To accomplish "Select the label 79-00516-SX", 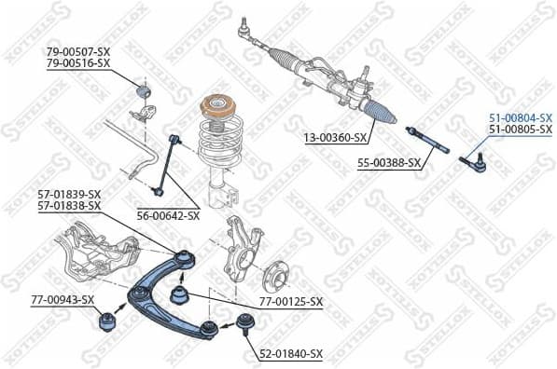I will [78, 62].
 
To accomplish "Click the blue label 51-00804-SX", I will [520, 116].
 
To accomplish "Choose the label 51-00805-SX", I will [520, 129].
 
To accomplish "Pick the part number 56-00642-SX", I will [168, 215].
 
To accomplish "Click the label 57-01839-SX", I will [69, 194].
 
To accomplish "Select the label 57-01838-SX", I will [69, 206].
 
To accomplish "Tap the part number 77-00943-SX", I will [63, 300].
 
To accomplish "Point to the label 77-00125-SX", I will [290, 302].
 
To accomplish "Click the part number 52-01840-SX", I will [290, 354].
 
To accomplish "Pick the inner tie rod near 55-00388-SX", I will [428, 141].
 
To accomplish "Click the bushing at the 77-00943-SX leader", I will [105, 322].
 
